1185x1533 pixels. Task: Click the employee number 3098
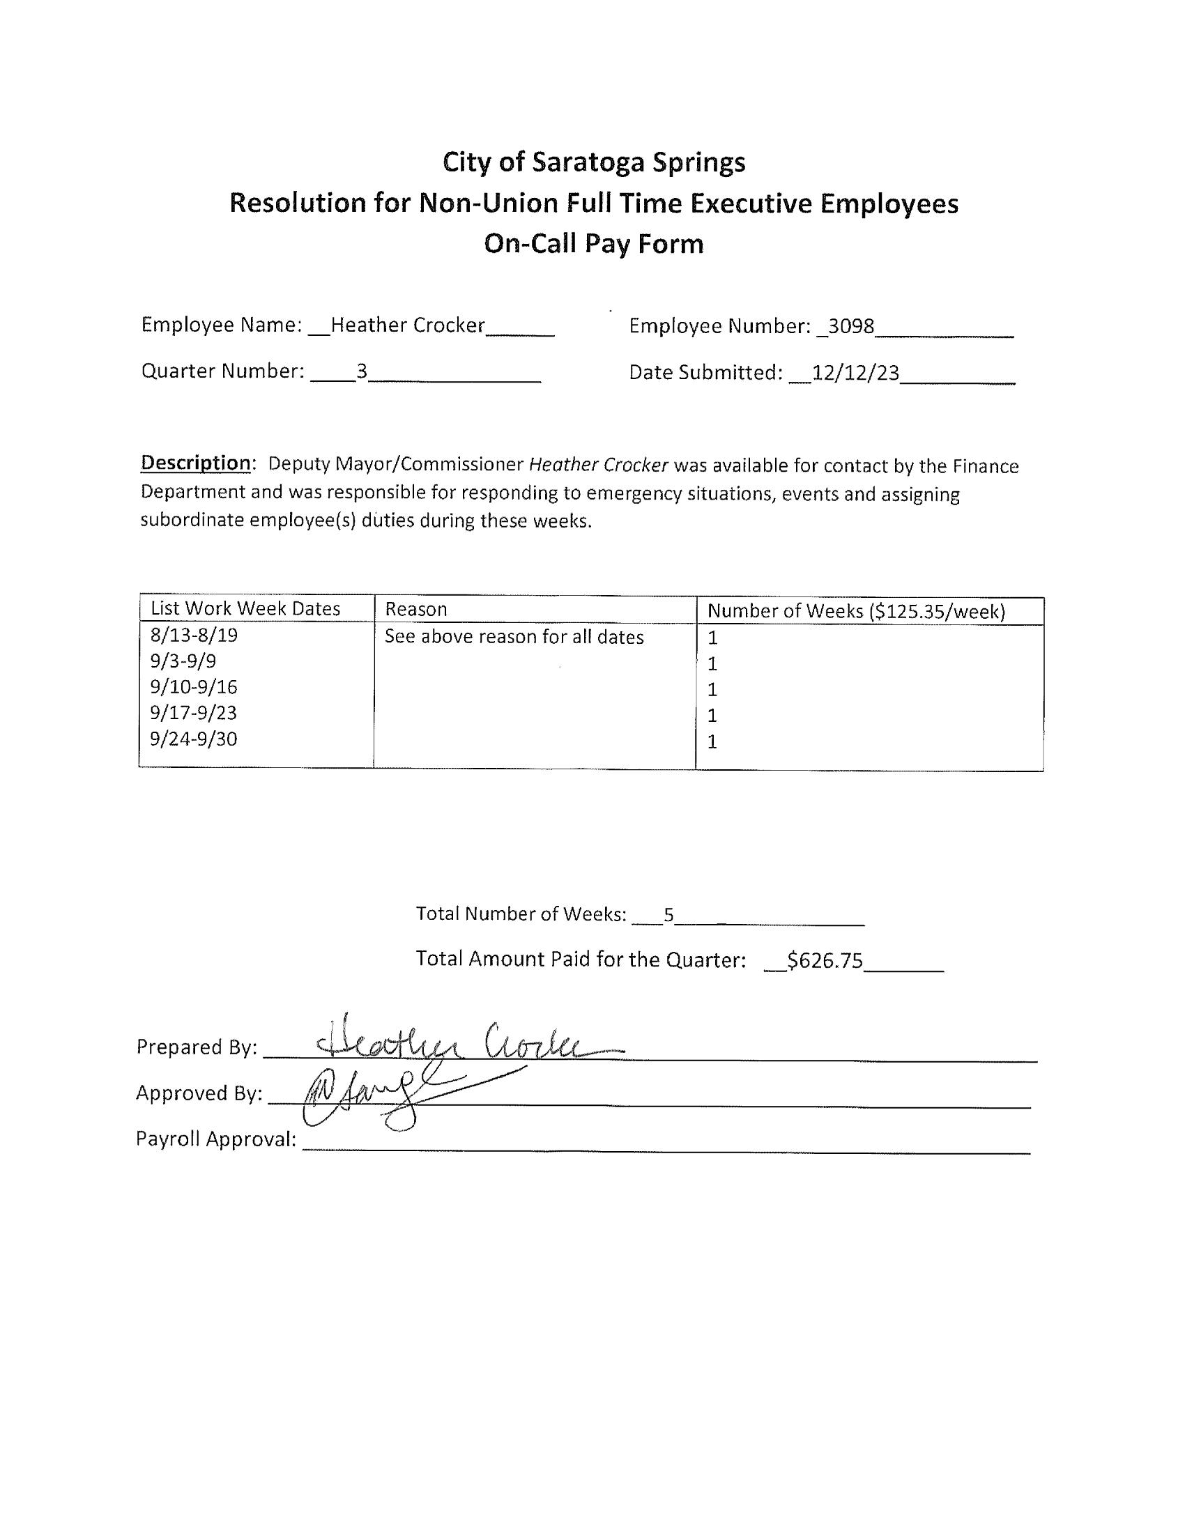click(x=851, y=326)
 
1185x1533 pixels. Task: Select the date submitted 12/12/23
click(x=855, y=373)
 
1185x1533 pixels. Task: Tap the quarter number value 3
click(x=362, y=371)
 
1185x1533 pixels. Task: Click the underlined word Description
click(x=195, y=463)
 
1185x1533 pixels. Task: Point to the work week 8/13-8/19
click(x=194, y=635)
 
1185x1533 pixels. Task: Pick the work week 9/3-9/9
click(x=183, y=661)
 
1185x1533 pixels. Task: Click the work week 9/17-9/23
click(x=194, y=712)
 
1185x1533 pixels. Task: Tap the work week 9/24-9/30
click(x=194, y=739)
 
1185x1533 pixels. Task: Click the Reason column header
click(x=416, y=609)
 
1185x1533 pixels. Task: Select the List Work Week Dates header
click(x=245, y=608)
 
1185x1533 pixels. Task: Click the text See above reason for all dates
click(x=514, y=637)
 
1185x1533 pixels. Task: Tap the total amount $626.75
click(x=825, y=960)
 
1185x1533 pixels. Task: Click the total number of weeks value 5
click(x=668, y=915)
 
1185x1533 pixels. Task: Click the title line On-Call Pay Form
click(x=593, y=244)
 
